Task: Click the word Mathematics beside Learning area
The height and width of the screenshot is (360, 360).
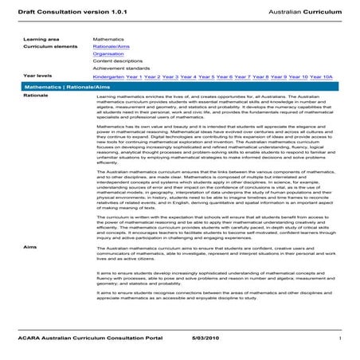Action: click(108, 38)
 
